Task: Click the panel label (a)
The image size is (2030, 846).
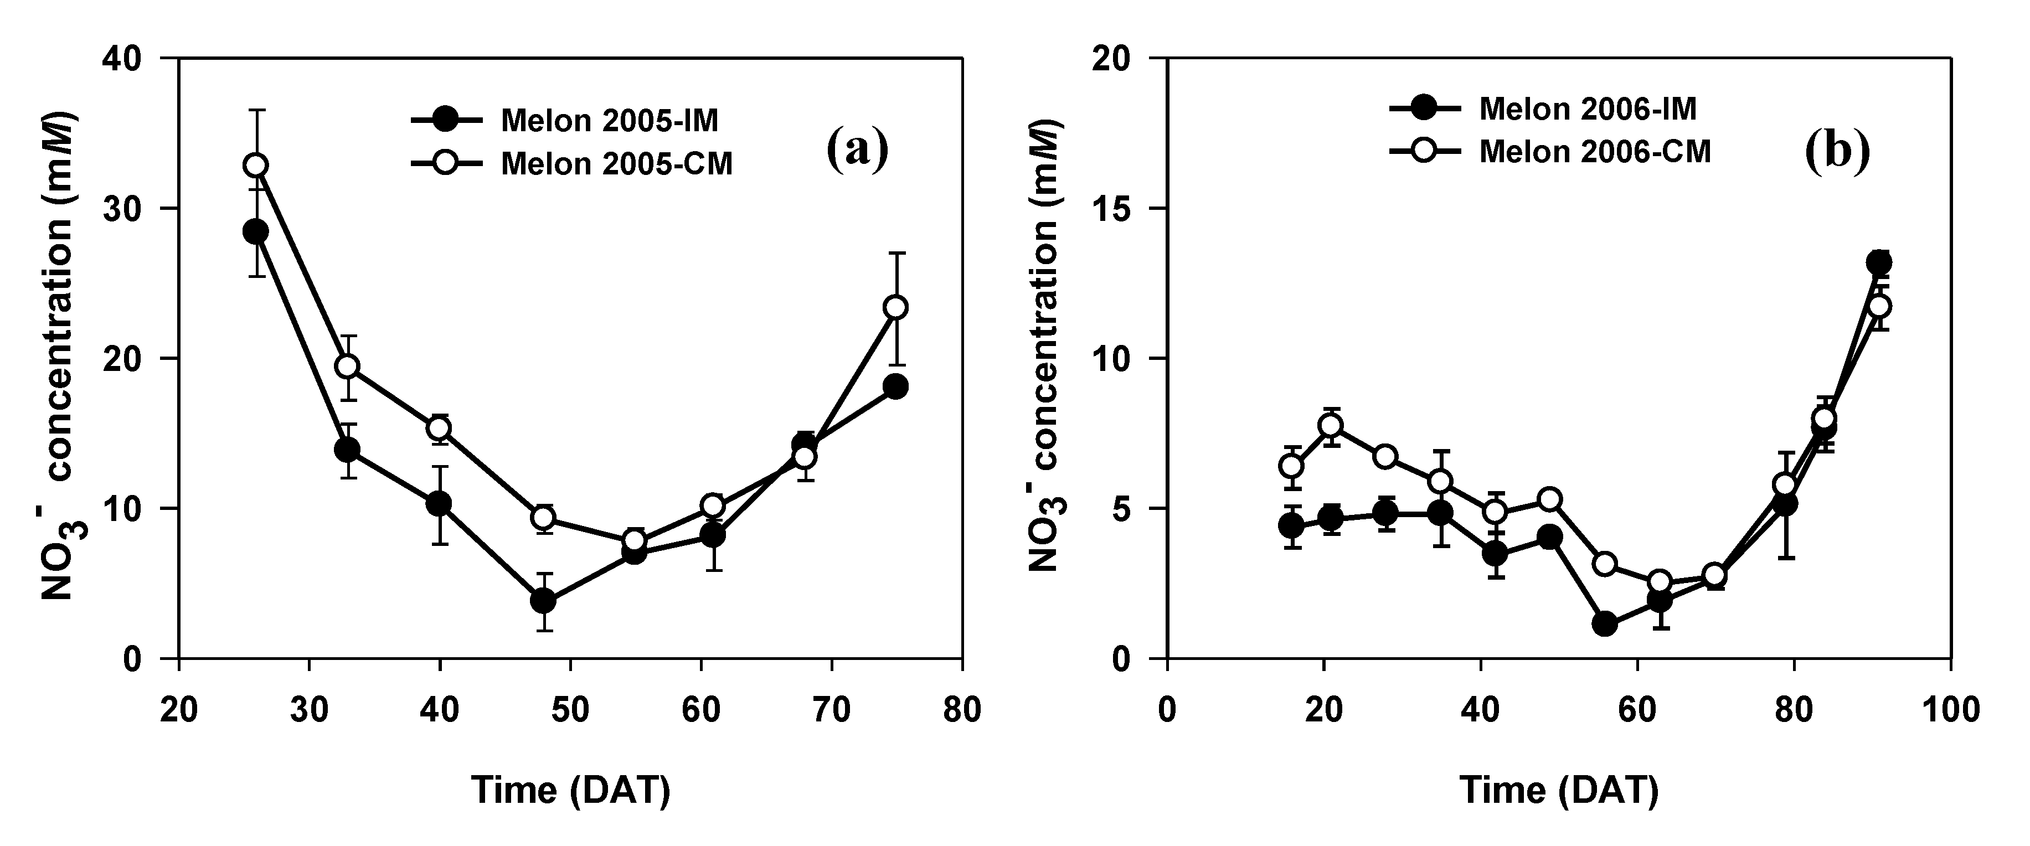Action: click(x=857, y=149)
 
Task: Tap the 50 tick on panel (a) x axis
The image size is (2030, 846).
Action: click(x=570, y=710)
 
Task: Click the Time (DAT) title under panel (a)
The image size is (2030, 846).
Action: click(x=570, y=790)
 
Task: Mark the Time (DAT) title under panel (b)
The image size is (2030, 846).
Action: click(x=1559, y=790)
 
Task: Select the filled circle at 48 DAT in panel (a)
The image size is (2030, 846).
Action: click(x=543, y=601)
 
